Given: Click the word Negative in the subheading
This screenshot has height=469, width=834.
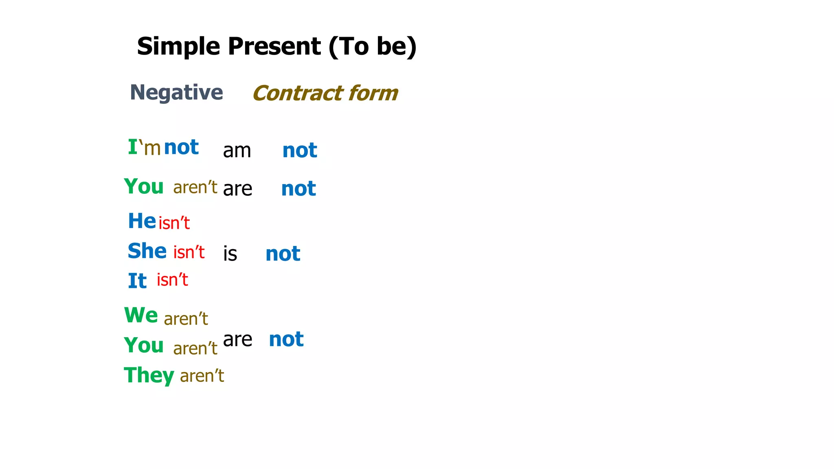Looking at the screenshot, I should [x=176, y=92].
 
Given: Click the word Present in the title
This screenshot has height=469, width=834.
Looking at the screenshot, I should [x=274, y=46].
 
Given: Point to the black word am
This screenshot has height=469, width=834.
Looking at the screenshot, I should [x=237, y=151].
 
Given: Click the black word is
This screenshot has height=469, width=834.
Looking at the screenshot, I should [x=230, y=254].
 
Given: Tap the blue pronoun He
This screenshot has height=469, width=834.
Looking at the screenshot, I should [x=142, y=221].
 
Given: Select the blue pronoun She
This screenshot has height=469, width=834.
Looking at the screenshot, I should [x=147, y=251].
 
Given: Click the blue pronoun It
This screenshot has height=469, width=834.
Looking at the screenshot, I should [x=137, y=281].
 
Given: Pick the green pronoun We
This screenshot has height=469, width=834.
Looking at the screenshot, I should [x=141, y=315].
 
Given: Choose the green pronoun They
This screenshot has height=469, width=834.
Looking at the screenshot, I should [x=149, y=375].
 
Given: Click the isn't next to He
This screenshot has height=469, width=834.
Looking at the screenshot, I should [x=174, y=223].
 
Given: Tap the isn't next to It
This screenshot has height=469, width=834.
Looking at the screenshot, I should [x=173, y=280].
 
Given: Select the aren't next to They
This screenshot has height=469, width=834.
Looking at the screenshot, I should [x=202, y=376].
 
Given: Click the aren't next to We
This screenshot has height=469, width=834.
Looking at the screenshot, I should [x=186, y=319].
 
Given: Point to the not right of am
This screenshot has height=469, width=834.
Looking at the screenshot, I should [x=300, y=150].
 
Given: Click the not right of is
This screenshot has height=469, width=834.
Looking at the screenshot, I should [x=283, y=254].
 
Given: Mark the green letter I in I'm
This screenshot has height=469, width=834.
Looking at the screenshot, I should [x=133, y=147].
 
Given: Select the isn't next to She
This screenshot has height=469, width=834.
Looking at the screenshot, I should [x=189, y=252].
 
